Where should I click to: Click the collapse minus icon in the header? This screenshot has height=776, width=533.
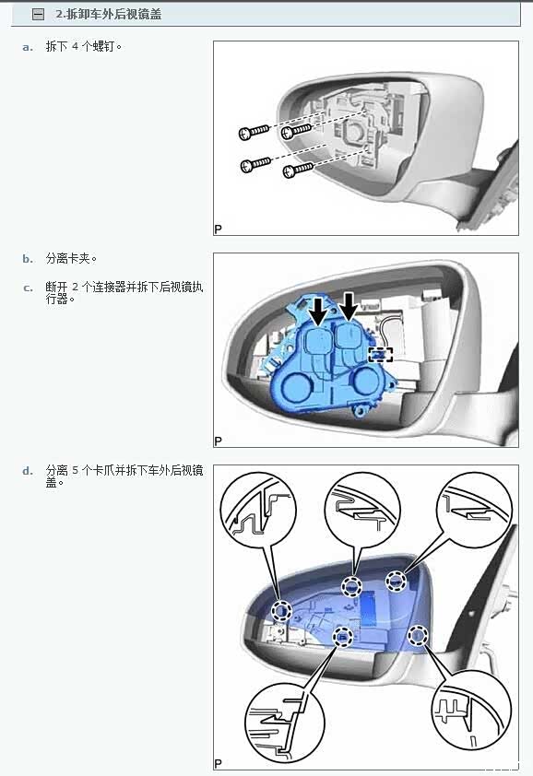coord(38,15)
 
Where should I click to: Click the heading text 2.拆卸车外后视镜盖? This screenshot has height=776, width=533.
coord(109,15)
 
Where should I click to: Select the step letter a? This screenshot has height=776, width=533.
coord(28,48)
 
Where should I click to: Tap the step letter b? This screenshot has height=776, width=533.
coord(28,259)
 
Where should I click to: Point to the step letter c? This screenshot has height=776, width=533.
coord(28,288)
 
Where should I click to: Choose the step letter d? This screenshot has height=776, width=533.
coord(28,471)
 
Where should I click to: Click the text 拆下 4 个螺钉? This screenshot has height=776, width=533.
coord(82,46)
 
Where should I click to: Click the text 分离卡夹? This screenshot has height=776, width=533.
coord(69,258)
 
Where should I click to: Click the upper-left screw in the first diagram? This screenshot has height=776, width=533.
coord(254,132)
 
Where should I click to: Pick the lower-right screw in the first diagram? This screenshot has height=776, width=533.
coord(298,170)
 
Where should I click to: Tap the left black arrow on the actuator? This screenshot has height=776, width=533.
coord(319,311)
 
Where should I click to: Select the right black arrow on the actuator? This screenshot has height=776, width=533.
coord(349,305)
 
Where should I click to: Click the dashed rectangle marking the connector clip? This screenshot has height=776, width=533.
coord(381,354)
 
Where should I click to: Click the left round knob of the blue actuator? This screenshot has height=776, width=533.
coord(296,387)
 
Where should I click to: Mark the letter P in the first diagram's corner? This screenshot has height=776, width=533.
coord(218,229)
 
